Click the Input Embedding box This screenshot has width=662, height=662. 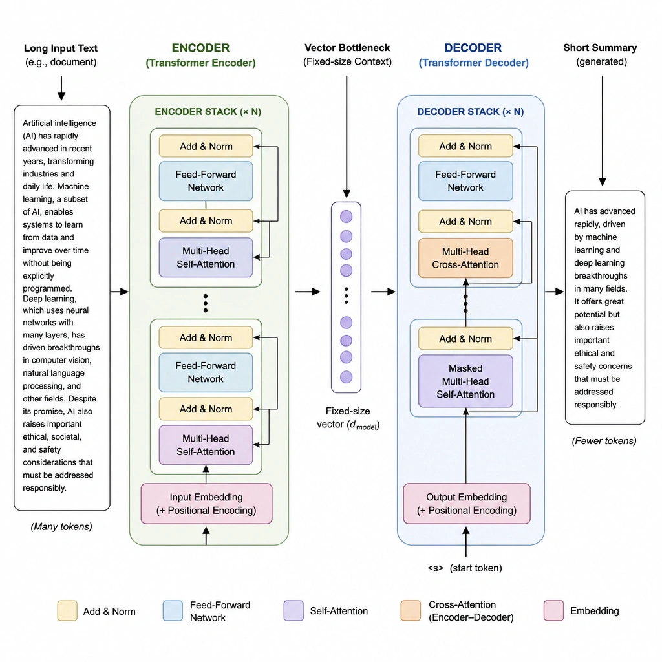206,504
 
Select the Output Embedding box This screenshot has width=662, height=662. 467,504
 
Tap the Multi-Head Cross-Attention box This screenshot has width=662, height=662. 465,258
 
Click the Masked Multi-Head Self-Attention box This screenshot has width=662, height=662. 465,381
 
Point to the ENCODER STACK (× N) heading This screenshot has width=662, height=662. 208,112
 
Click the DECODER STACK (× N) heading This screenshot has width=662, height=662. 471,112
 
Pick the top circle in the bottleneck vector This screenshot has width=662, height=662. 347,217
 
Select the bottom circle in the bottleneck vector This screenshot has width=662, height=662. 347,377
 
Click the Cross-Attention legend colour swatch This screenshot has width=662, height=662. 411,610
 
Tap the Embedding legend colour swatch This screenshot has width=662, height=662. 553,610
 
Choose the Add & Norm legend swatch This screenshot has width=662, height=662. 67,610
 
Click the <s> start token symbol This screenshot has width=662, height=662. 435,568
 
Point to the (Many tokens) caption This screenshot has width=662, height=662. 61,526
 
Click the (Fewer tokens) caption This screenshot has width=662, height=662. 604,441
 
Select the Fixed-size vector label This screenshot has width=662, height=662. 348,418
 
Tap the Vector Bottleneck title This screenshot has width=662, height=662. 347,48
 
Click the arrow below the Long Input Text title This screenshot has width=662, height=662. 61,88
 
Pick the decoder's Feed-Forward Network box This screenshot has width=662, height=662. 465,181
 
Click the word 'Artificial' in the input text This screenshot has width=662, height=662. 40,123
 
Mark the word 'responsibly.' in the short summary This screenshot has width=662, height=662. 595,405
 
